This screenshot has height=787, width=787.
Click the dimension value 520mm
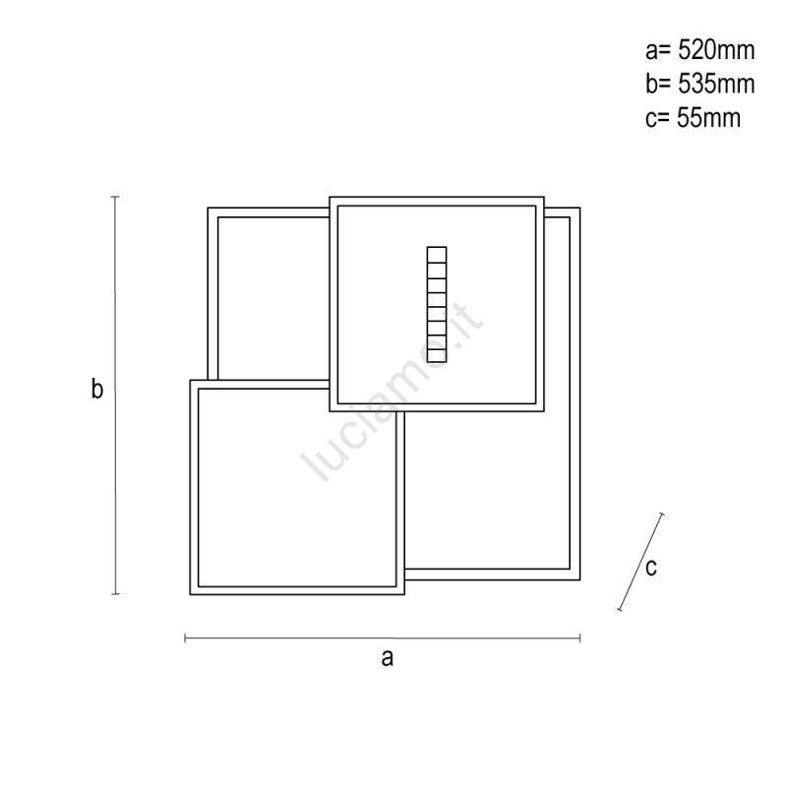click(716, 50)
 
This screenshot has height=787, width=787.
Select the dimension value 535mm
click(716, 84)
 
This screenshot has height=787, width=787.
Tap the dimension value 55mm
click(708, 118)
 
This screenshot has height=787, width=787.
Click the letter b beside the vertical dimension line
click(96, 389)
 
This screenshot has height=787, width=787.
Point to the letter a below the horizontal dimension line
click(387, 657)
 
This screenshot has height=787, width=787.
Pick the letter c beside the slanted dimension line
click(651, 568)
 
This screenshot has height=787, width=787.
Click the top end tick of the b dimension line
click(115, 197)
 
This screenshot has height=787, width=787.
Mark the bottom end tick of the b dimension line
click(115, 594)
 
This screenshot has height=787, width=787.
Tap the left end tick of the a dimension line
click(185, 637)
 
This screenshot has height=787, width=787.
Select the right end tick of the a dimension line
click(580, 638)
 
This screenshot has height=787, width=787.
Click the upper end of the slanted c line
click(661, 514)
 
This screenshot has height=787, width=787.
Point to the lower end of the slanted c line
click(620, 609)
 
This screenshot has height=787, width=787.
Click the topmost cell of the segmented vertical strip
click(437, 255)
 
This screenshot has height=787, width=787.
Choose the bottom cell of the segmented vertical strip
click(437, 355)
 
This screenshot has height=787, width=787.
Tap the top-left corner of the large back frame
click(209, 208)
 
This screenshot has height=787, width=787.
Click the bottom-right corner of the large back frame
click(580, 580)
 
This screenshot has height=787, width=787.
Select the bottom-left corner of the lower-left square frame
click(190, 595)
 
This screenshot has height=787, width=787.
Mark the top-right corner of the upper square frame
click(544, 197)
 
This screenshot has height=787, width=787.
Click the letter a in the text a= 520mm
click(652, 53)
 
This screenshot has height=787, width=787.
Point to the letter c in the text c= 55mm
click(651, 120)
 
